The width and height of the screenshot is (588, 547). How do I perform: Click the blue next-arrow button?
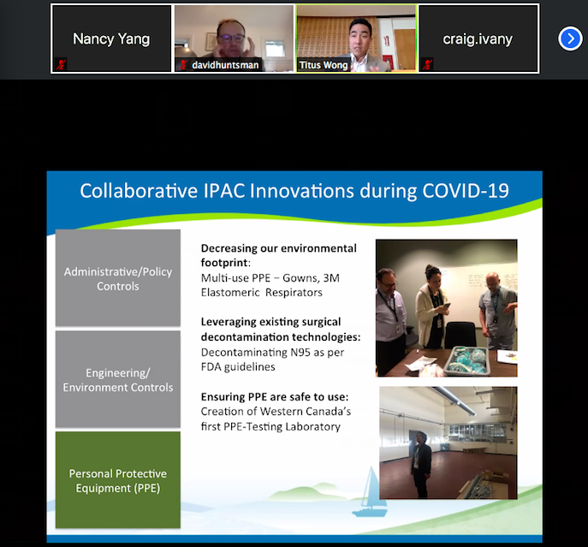pyautogui.click(x=570, y=39)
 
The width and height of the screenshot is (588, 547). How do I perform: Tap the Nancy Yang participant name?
pyautogui.click(x=111, y=39)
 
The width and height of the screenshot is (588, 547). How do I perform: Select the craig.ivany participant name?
pyautogui.click(x=478, y=39)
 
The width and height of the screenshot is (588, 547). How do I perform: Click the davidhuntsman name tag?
pyautogui.click(x=225, y=65)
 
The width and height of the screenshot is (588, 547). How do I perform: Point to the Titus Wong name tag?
pyautogui.click(x=324, y=65)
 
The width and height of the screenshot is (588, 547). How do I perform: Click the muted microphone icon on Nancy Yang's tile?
pyautogui.click(x=61, y=64)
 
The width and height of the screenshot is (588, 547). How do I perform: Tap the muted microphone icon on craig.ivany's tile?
pyautogui.click(x=427, y=64)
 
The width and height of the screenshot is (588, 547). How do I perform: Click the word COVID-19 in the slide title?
pyautogui.click(x=466, y=191)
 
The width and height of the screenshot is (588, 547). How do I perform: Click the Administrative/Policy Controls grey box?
pyautogui.click(x=118, y=278)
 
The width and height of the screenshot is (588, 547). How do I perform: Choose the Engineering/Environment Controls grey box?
pyautogui.click(x=118, y=379)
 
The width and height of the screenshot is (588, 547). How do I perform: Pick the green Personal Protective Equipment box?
pyautogui.click(x=118, y=480)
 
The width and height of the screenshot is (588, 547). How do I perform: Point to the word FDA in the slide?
pyautogui.click(x=211, y=367)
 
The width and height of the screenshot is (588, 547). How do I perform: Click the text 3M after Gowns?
pyautogui.click(x=331, y=278)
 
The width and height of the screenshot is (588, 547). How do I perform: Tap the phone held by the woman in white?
pyautogui.click(x=446, y=306)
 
